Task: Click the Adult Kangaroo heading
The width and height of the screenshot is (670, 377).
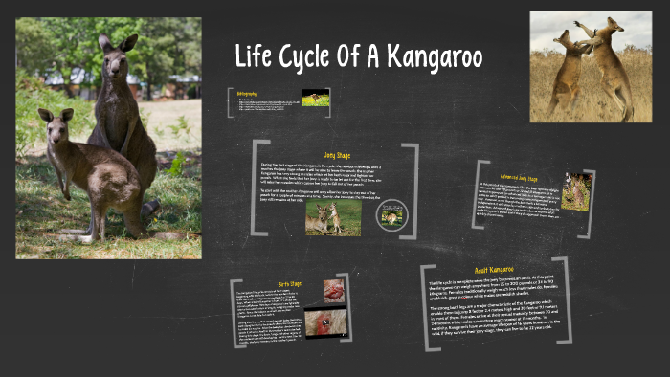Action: click(x=494, y=270)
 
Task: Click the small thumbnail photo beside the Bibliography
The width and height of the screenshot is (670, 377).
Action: click(x=315, y=98)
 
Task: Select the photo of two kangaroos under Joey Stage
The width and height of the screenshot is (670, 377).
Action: click(x=333, y=218)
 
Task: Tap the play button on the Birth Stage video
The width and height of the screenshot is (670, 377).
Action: click(x=324, y=323)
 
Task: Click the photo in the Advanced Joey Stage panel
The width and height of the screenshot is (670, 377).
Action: click(x=576, y=191)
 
